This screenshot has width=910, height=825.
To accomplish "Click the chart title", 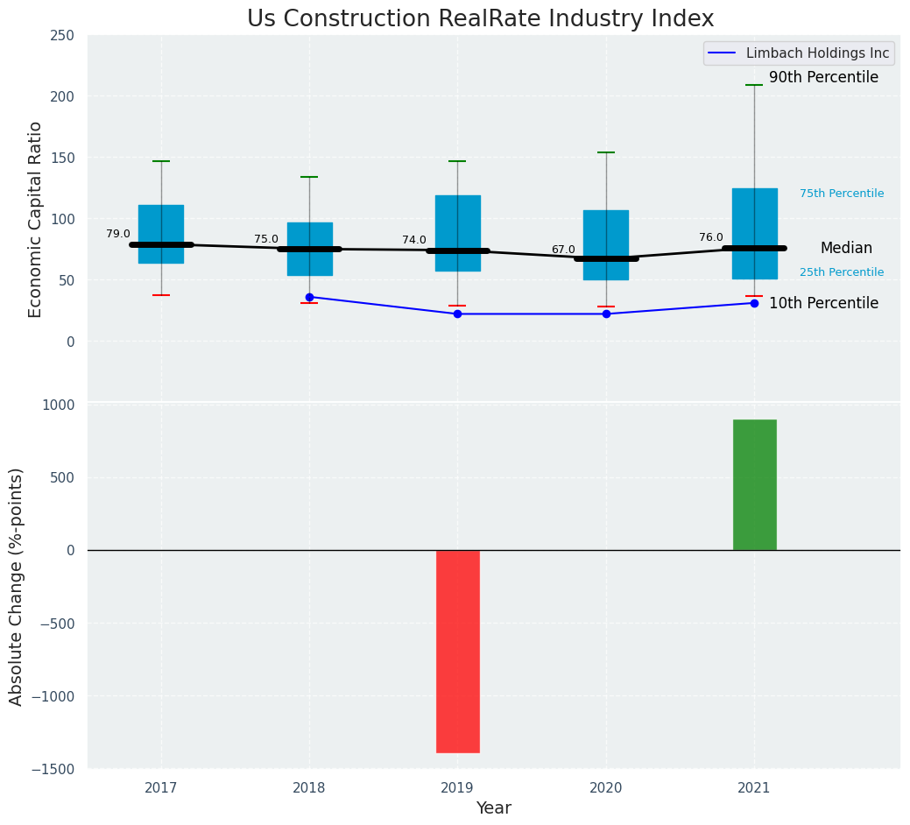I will pos(480,19).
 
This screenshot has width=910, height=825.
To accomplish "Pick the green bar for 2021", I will pos(754,484).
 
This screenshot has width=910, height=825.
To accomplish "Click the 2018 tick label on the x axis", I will pos(309,788).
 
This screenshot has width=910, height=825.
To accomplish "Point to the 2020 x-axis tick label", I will pos(606,788).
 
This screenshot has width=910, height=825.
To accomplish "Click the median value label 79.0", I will pos(118,234).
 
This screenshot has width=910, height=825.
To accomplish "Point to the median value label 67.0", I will pos(563,250).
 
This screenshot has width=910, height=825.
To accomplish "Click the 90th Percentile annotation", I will pos(823,78).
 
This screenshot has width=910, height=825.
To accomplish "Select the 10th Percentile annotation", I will pos(823,303).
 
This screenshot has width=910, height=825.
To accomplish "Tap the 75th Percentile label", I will pos(842,194).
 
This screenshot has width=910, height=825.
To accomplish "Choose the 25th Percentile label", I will pos(842,272).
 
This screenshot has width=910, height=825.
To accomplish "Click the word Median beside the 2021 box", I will pos(846,248).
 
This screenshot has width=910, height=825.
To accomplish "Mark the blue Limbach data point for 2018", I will pos(309,297).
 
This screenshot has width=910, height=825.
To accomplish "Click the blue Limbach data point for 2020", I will pos(606,314).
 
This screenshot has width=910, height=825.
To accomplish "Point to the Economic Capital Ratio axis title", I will pos(36,219).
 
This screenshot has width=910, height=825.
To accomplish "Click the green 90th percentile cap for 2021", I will pos(754,85).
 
